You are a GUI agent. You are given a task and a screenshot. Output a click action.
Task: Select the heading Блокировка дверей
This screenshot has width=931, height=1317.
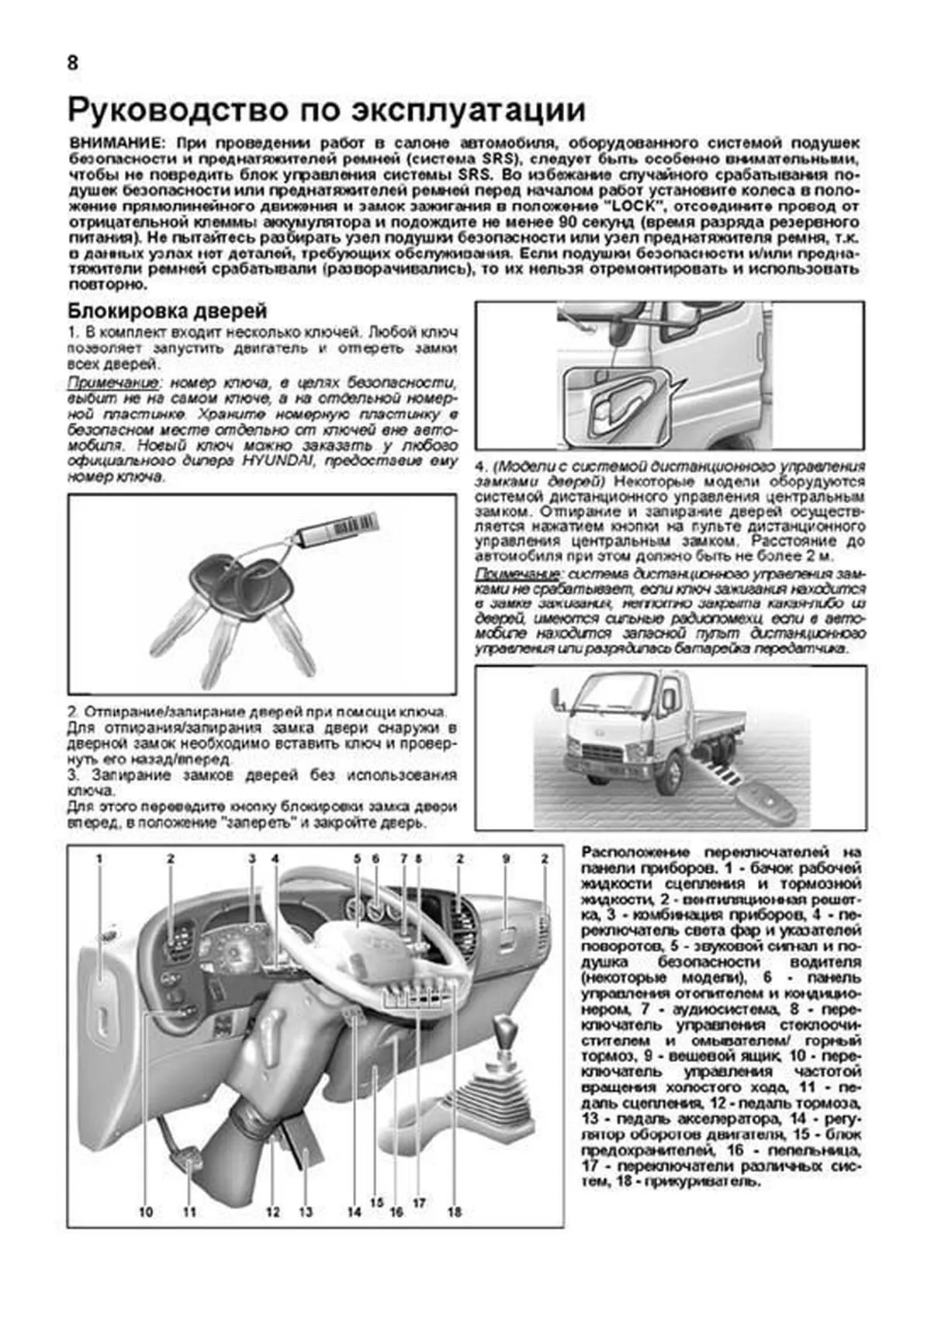[168, 311]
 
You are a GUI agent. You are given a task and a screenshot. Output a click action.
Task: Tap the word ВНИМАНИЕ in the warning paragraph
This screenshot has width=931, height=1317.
[116, 144]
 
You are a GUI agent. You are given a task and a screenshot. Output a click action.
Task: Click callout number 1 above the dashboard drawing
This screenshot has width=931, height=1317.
[99, 859]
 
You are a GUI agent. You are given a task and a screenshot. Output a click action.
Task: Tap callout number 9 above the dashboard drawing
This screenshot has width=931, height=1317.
[506, 859]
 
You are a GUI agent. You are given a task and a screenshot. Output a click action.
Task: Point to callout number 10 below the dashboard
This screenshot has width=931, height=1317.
[146, 1211]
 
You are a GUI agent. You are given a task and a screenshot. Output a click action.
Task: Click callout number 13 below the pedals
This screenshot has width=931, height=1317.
[306, 1211]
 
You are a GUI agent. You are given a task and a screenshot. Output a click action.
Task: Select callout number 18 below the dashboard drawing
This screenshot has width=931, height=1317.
[455, 1211]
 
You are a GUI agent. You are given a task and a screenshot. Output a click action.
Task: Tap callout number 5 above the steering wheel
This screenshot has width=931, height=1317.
[358, 859]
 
